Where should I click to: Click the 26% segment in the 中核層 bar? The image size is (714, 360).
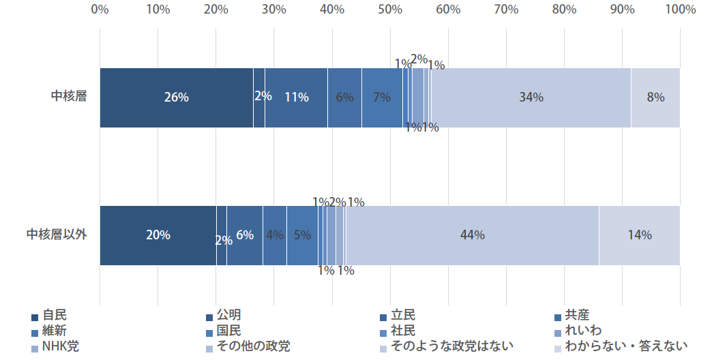click(176, 97)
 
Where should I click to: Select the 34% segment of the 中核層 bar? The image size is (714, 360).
click(531, 97)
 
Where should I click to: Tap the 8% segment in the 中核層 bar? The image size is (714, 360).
click(655, 97)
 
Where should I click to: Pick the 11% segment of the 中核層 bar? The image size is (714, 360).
click(296, 97)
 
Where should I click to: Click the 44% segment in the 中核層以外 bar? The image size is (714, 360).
click(472, 235)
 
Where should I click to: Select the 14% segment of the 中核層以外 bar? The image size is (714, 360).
click(640, 235)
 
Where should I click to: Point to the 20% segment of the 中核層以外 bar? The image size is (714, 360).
click(158, 235)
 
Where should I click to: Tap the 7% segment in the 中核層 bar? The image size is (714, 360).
click(382, 97)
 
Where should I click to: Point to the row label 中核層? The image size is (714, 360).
click(69, 97)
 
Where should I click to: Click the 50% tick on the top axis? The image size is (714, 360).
click(390, 10)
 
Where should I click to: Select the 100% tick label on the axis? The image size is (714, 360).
click(680, 10)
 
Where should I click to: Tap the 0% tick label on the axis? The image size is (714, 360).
click(100, 10)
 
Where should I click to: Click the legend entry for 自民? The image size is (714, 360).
click(54, 316)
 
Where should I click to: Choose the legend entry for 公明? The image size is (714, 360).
click(228, 316)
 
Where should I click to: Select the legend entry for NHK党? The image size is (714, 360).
click(60, 346)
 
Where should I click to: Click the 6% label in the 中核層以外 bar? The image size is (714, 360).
click(245, 235)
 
